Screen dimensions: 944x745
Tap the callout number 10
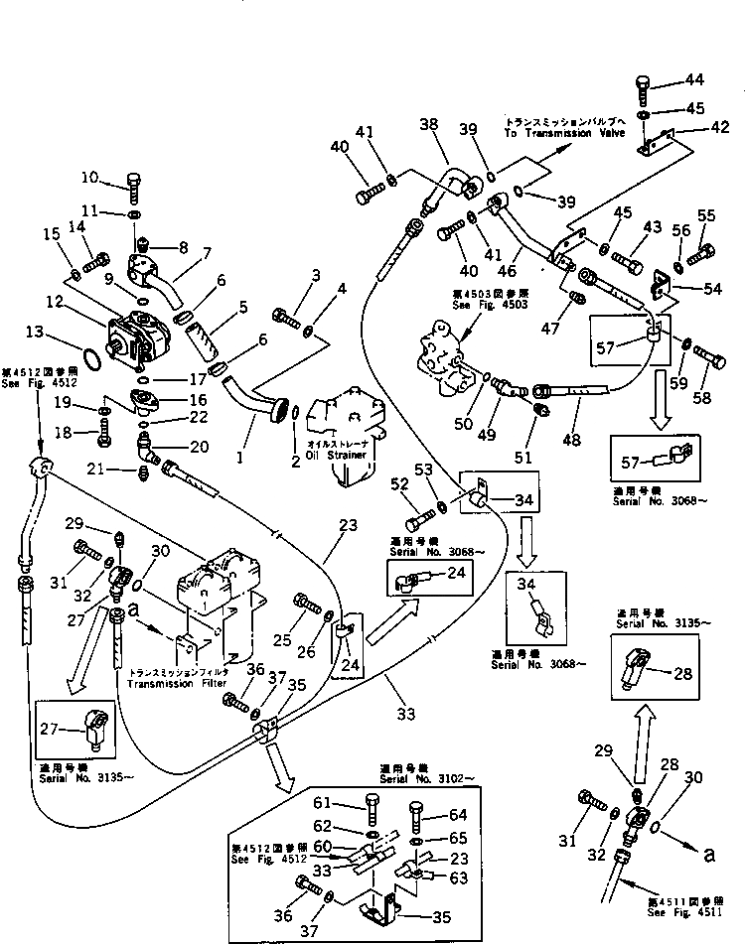90,179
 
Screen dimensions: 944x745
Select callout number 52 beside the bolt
398,485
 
